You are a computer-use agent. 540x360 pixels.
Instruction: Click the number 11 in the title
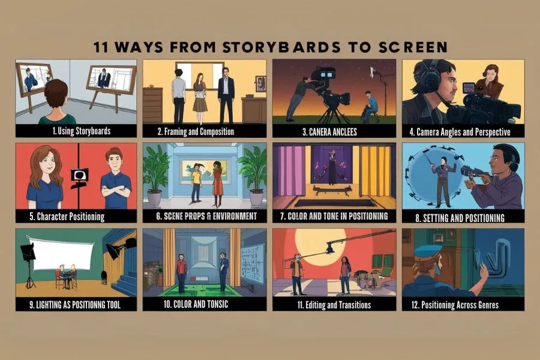coord(101,47)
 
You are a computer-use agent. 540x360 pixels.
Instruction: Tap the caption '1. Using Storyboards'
coord(82,131)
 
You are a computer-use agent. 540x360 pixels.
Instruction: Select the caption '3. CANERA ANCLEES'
coord(329,132)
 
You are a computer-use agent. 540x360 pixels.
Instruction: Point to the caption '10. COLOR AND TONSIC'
coord(196,304)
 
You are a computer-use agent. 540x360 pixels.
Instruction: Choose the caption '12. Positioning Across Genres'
coord(455,305)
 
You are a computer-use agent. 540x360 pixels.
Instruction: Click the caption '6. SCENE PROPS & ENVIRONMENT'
coord(206,217)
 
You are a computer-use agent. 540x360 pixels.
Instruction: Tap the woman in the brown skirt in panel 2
coord(200,97)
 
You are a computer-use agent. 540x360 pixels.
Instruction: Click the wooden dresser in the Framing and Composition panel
coord(152,105)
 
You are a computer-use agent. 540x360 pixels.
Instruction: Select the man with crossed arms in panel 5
coord(116,179)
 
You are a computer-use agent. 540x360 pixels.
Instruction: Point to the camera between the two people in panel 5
coord(80,178)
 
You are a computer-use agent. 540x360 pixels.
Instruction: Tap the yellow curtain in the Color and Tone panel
coord(375,176)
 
